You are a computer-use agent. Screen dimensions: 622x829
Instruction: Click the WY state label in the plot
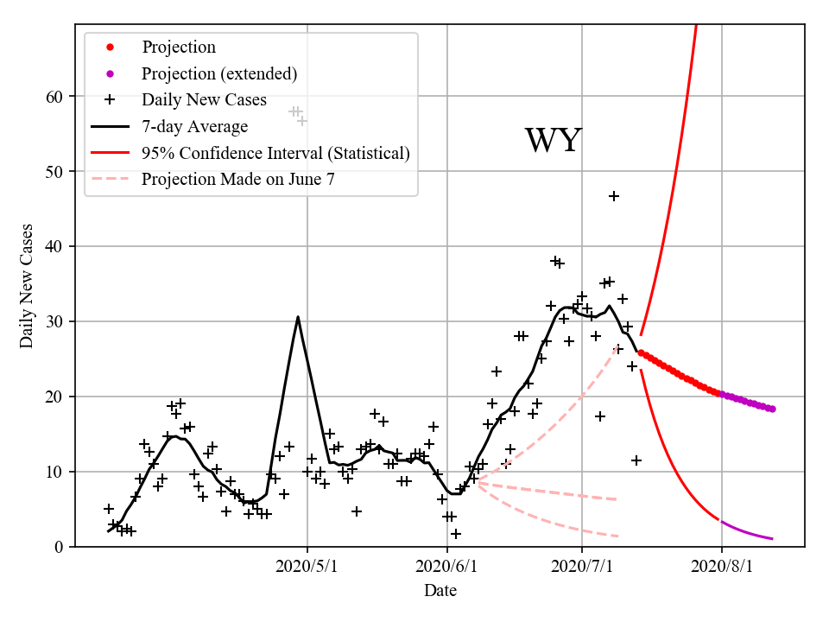[x=554, y=141]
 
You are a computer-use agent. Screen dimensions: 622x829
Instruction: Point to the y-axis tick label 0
[x=60, y=547]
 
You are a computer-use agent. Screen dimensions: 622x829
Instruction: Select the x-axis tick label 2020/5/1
[x=307, y=568]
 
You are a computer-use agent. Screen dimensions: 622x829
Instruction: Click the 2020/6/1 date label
[x=447, y=568]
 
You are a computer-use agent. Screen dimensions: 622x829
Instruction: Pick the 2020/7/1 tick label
[x=582, y=568]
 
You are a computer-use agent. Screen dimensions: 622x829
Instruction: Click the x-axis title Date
[x=440, y=592]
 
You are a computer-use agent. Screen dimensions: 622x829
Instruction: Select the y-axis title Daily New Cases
[x=27, y=286]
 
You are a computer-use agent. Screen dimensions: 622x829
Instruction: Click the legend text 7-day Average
[x=195, y=127]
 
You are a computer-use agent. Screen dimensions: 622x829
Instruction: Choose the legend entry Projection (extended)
[x=219, y=73]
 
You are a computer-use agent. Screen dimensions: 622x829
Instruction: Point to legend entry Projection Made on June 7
[x=237, y=180]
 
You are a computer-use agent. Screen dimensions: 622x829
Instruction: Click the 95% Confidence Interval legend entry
[x=275, y=154]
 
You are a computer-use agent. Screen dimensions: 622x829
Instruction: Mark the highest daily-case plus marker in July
[x=614, y=196]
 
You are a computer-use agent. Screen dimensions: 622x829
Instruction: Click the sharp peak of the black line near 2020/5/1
[x=298, y=317]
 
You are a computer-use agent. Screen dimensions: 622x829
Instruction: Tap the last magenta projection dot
[x=772, y=409]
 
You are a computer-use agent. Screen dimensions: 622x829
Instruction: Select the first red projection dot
[x=641, y=352]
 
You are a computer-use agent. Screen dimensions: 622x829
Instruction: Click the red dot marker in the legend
[x=110, y=47]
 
